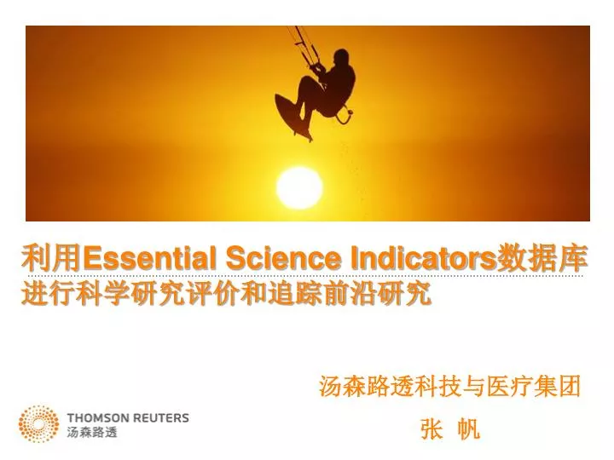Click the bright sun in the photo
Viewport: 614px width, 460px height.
(x=299, y=186)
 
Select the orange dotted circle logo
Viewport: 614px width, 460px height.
(x=39, y=423)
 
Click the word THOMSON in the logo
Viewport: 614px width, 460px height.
(x=98, y=418)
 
